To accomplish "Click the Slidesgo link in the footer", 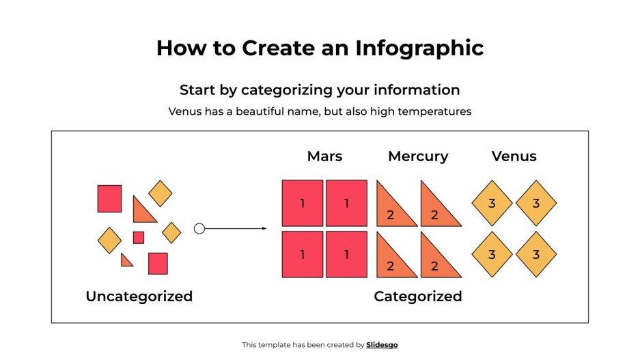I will (x=382, y=345).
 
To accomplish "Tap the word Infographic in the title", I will (x=419, y=48).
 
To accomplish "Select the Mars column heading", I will (x=324, y=156).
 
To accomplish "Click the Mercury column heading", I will (x=418, y=156).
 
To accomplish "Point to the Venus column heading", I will (x=514, y=156).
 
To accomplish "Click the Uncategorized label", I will (x=139, y=296).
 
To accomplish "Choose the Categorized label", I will (x=418, y=296).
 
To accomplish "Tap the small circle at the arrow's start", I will (x=199, y=229).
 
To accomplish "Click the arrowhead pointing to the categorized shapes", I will (x=264, y=229).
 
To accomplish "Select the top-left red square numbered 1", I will (x=303, y=203).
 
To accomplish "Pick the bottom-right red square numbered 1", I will (x=346, y=254).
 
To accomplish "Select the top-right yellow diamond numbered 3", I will (x=536, y=203).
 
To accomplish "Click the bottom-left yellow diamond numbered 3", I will (x=492, y=254).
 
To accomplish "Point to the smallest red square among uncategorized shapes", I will (x=139, y=238).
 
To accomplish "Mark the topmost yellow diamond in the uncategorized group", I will (x=161, y=193).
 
